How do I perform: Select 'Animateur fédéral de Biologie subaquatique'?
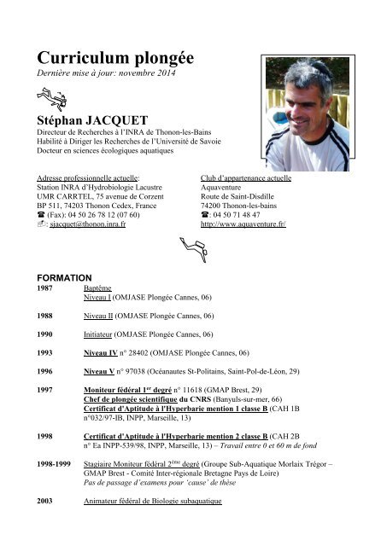(152, 502)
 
